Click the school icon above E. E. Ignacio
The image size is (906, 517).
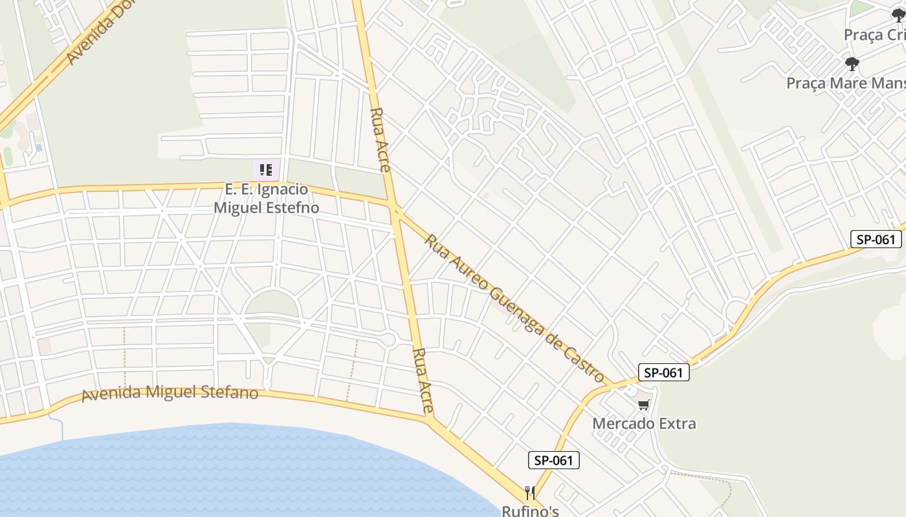tap(266, 170)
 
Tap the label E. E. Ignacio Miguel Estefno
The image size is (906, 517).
tap(266, 198)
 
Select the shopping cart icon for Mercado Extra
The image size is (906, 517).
tap(643, 405)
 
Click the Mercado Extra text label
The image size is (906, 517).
tap(645, 424)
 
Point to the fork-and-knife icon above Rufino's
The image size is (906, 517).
tap(530, 493)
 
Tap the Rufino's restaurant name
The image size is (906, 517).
tap(530, 511)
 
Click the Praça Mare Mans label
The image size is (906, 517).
tap(845, 83)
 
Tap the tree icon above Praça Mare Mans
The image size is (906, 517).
tap(852, 63)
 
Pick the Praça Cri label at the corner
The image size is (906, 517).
tap(874, 35)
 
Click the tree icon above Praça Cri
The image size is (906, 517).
tap(898, 16)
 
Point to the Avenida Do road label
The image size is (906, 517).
tap(94, 34)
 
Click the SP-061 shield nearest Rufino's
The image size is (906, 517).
tap(554, 460)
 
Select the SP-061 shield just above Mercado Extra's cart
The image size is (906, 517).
tap(663, 372)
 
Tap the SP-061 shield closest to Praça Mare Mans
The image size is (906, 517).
tap(876, 239)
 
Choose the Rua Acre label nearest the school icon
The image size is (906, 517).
tap(380, 140)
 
